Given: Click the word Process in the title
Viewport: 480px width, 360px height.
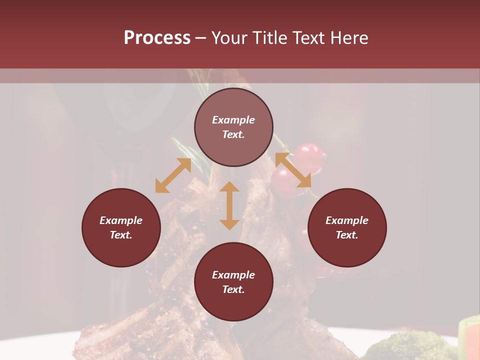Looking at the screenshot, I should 157,38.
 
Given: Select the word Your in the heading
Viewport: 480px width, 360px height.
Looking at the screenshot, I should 230,38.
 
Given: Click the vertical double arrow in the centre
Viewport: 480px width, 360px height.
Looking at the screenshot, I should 229,205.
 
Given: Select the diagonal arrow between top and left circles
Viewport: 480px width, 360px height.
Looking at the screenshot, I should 173,175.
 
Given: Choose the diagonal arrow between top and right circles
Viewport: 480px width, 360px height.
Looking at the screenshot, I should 293,170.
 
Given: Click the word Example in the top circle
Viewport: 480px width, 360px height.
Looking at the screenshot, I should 233,120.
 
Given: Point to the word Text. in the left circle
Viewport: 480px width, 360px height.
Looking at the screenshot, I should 121,235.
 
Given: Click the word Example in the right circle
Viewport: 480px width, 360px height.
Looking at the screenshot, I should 347,220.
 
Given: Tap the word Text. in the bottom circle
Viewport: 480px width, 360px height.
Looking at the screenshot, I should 233,289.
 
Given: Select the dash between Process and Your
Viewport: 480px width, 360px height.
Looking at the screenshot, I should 201,38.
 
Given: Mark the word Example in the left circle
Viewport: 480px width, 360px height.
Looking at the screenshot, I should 121,220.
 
